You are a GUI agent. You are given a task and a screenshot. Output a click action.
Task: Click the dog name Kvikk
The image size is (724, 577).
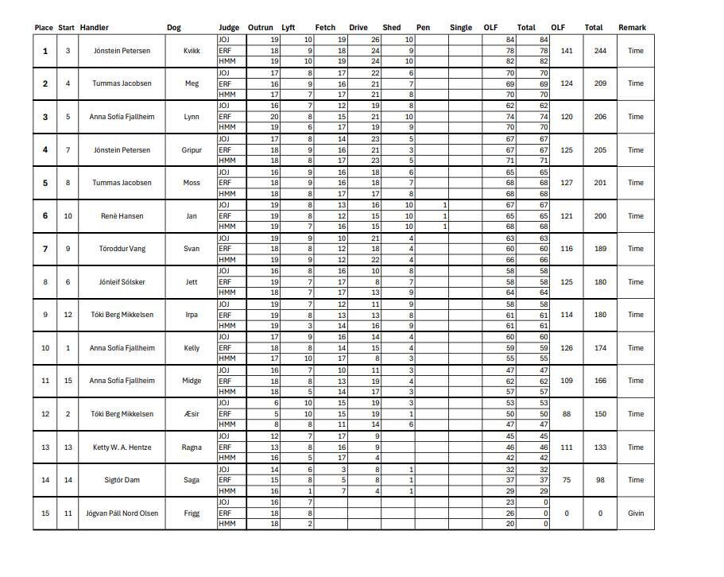192,51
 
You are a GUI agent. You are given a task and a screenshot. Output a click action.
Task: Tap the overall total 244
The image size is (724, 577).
600,51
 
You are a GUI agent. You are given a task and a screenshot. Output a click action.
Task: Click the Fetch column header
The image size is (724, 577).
325,28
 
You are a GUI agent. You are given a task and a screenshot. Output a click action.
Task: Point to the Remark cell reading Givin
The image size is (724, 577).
636,513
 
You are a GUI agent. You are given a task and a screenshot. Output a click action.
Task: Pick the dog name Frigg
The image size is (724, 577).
192,513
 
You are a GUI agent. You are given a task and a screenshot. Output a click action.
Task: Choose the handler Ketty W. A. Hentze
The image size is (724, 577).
120,447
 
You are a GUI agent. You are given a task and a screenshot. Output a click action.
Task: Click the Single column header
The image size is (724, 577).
460,28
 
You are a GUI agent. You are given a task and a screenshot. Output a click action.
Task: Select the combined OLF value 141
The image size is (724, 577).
567,51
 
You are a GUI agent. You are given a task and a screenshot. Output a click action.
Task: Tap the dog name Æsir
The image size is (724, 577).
192,414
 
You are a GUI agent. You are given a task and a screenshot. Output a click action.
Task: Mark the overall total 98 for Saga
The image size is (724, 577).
600,480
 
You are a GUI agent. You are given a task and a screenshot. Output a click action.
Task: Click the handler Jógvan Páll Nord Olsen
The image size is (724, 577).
122,513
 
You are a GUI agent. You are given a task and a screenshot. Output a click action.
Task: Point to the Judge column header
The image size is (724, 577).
229,28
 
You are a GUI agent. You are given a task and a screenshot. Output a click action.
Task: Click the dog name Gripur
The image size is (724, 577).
192,150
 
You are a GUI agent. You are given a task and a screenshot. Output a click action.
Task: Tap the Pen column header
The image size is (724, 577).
424,28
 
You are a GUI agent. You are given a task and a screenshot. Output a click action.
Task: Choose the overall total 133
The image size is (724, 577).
600,447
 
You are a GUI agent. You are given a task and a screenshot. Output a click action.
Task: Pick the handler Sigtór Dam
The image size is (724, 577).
120,480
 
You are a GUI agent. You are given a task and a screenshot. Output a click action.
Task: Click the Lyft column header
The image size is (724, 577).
288,28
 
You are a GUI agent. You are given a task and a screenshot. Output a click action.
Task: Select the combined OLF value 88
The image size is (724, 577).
567,414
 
